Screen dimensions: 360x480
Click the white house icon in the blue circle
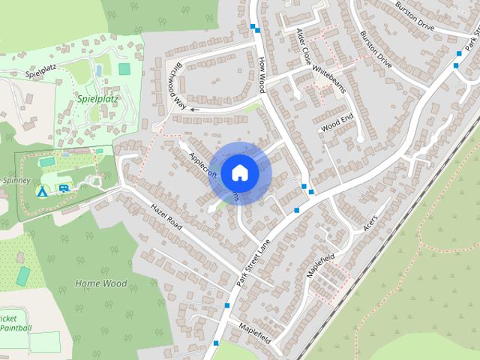239,172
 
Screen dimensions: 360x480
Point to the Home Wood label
101,283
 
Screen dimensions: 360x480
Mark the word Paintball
16,328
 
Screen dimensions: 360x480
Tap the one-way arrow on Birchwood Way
195,109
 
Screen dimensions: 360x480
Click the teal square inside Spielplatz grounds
124,69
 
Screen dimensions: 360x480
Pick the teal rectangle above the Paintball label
23,276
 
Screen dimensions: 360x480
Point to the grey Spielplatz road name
41,73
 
